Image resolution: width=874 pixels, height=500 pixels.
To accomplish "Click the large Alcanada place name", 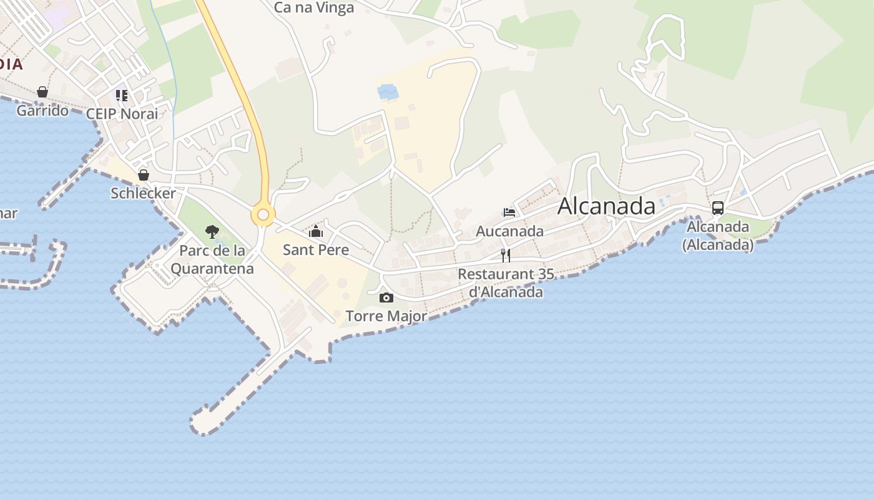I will click(606, 206).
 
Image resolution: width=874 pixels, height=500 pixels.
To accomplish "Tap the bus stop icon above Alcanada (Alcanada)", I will click(718, 208).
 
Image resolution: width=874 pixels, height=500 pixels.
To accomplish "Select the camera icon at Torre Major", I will click(386, 297).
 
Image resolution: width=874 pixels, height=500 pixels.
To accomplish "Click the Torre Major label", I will click(386, 316).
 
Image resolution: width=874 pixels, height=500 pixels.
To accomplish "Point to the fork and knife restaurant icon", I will click(506, 255).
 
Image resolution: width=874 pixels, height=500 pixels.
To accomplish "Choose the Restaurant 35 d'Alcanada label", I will click(506, 282).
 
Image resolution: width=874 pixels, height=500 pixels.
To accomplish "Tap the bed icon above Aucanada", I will click(509, 212).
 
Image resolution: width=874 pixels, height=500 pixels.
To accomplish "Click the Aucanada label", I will click(509, 231).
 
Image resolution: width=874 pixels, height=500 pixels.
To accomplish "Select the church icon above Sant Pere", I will click(316, 231).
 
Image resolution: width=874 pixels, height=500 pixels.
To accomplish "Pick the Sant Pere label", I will click(316, 250).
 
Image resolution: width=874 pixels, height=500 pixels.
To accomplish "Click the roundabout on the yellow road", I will click(263, 215).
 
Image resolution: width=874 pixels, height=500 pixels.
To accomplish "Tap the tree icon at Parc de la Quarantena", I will click(212, 232).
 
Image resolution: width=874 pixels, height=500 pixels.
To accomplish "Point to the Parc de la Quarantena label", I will click(212, 260).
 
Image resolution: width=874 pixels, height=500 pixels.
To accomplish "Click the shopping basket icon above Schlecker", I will click(144, 174).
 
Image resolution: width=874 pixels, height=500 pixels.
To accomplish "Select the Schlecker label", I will click(144, 193).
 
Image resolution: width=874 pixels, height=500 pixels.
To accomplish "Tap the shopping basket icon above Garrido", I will click(42, 92).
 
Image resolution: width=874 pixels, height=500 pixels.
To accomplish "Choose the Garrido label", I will click(42, 111).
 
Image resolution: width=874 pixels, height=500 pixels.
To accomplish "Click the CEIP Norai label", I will click(122, 114).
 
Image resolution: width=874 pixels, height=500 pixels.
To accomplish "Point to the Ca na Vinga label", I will click(314, 7).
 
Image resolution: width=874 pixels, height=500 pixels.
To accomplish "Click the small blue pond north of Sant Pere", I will click(388, 92).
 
